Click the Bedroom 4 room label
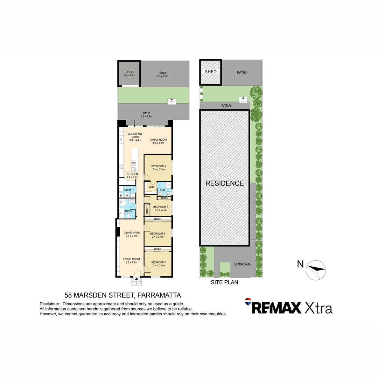[x=158, y=166]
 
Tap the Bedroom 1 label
[x=158, y=262]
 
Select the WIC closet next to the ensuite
[x=151, y=187]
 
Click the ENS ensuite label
[x=162, y=190]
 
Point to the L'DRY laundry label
[x=128, y=190]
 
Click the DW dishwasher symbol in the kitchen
[x=133, y=163]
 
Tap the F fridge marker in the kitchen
[x=121, y=140]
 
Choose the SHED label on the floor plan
[x=129, y=72]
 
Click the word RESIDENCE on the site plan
[x=224, y=183]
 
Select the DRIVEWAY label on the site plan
[x=243, y=264]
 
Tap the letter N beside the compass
[x=300, y=264]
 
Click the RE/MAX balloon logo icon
[x=248, y=302]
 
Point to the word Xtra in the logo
[x=318, y=308]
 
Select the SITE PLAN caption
[x=224, y=282]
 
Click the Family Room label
[x=158, y=140]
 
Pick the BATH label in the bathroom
[x=128, y=211]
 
